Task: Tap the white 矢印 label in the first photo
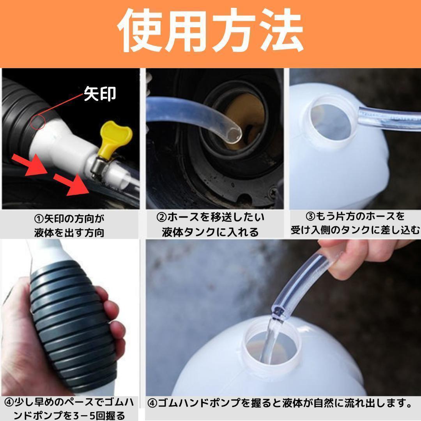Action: click(x=100, y=94)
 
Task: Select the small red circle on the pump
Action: click(x=37, y=122)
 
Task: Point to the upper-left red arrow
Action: click(x=30, y=165)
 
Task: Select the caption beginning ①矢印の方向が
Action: click(x=69, y=225)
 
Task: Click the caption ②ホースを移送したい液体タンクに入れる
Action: click(x=210, y=225)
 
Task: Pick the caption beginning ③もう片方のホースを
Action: click(x=355, y=223)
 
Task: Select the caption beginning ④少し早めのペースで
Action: click(x=69, y=409)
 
